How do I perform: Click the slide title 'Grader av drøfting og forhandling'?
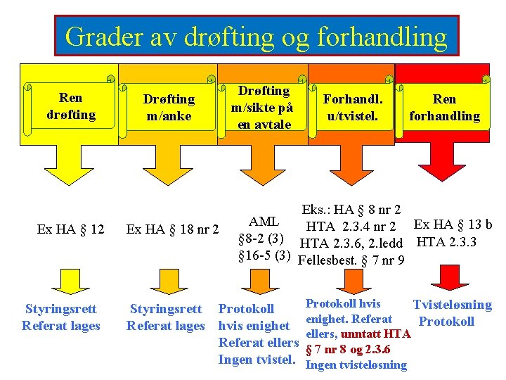click(256, 35)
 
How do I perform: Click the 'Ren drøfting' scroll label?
click(70, 106)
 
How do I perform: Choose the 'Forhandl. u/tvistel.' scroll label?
click(352, 107)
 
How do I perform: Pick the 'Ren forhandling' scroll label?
click(444, 108)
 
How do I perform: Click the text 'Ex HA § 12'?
click(70, 229)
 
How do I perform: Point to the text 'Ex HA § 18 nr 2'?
click(172, 229)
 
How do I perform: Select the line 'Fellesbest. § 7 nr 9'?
click(351, 261)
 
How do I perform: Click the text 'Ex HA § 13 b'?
click(453, 225)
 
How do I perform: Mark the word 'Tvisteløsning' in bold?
click(452, 305)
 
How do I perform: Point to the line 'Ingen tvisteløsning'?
click(356, 365)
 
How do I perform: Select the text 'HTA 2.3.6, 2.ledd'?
click(351, 243)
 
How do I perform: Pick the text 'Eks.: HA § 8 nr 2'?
click(351, 209)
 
